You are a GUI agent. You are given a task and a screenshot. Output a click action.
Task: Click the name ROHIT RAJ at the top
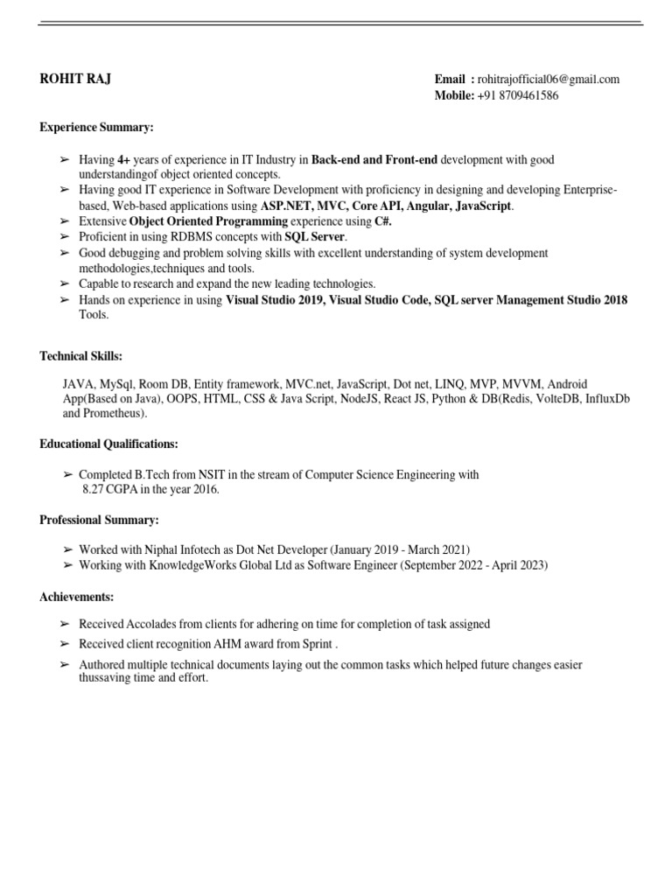(x=75, y=80)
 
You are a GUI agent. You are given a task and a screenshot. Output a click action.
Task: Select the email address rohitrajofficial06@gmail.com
(x=549, y=80)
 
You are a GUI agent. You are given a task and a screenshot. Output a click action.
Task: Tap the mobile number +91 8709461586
(x=518, y=95)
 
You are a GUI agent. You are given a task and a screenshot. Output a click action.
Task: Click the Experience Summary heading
(x=96, y=128)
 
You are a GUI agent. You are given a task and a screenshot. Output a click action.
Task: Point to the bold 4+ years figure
(x=123, y=160)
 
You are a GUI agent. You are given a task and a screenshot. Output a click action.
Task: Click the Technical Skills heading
(x=81, y=356)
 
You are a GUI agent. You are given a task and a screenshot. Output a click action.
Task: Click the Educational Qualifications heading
(x=108, y=444)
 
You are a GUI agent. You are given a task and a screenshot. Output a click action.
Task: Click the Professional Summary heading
(x=99, y=521)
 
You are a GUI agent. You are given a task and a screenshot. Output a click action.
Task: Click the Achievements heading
(x=76, y=597)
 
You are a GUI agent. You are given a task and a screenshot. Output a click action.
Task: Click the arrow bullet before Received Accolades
(x=64, y=624)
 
